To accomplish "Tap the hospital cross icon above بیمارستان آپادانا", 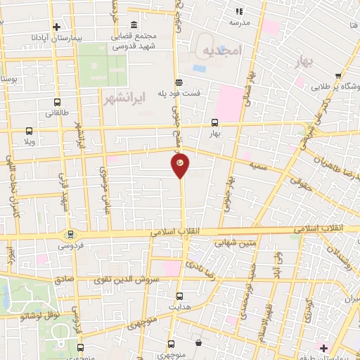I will [57, 27].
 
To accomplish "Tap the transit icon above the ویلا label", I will [29, 130].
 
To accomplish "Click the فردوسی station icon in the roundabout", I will [70, 235].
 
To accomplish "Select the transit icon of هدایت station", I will [180, 296].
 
